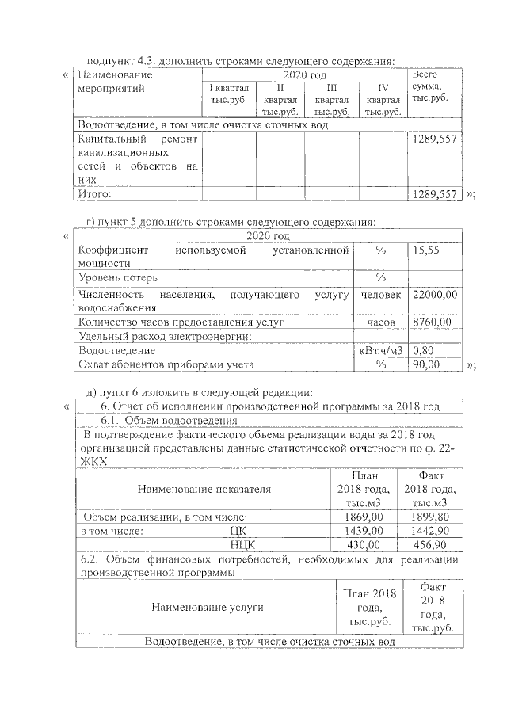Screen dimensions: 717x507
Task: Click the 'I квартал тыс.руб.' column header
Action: (228, 94)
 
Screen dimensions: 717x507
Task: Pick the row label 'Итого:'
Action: (94, 193)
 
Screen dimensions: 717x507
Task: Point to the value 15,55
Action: (426, 249)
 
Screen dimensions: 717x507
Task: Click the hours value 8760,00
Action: (432, 322)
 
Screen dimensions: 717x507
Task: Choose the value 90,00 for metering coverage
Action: (426, 364)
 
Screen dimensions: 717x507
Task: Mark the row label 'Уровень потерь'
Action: (117, 277)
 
